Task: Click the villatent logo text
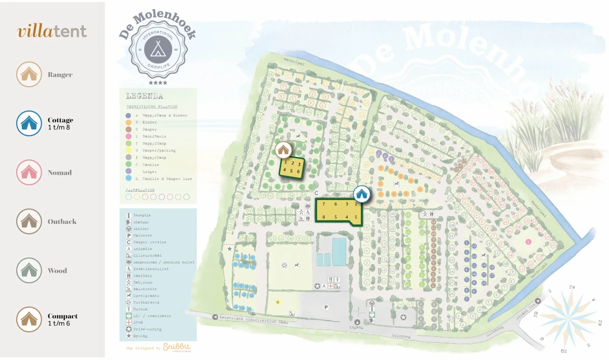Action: pos(52,31)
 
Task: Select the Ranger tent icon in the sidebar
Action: pos(28,75)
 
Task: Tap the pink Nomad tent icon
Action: pos(28,173)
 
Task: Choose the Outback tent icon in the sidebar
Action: pos(28,221)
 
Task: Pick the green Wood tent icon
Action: pos(28,270)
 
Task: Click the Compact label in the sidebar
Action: pos(62,316)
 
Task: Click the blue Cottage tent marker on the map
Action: pos(361,193)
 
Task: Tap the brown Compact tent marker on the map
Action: pos(283,149)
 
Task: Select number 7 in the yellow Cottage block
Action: pos(323,204)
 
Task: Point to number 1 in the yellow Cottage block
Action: pos(356,217)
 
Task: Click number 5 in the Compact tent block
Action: pos(293,171)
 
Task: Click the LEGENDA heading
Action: pos(144,96)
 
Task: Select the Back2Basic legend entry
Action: pos(155,137)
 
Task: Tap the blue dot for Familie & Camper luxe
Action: pos(129,179)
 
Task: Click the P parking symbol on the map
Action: pos(326,307)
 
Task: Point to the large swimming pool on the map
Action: pos(339,248)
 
